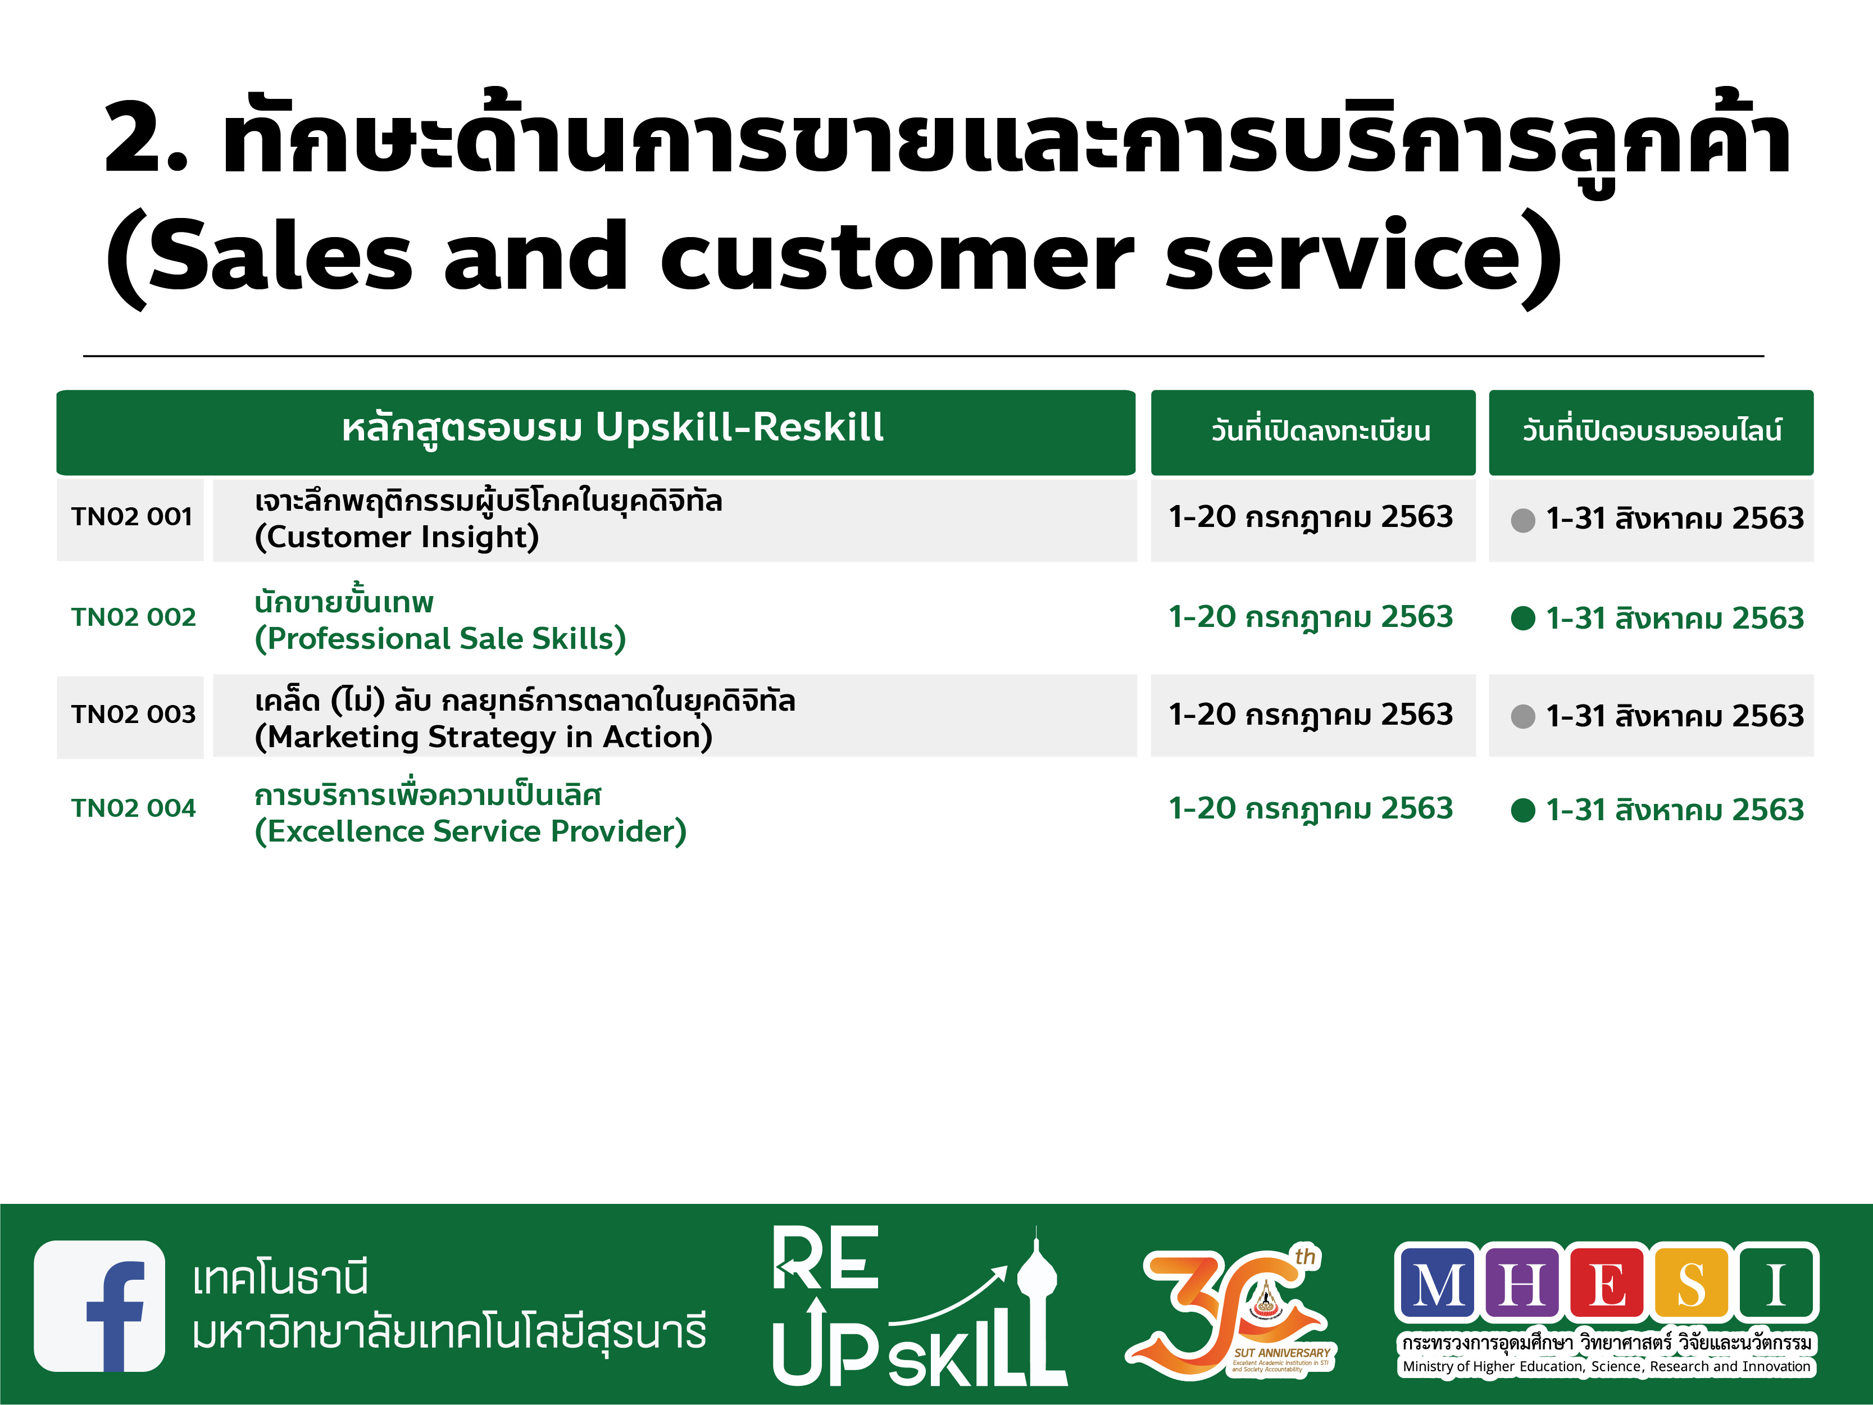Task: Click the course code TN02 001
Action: (x=132, y=517)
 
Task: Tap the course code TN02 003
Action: (x=133, y=715)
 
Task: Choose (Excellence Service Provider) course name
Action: (x=471, y=831)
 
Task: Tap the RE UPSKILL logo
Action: (x=919, y=1307)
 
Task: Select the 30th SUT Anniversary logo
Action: (x=1232, y=1311)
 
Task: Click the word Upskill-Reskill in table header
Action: (x=740, y=428)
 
